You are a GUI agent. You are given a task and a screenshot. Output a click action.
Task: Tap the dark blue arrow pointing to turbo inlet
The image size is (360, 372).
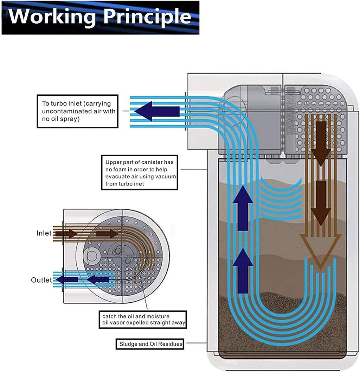tap(157, 111)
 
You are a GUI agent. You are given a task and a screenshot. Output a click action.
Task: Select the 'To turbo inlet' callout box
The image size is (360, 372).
tap(77, 111)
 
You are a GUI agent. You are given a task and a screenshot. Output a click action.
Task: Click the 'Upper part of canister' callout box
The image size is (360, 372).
tap(140, 172)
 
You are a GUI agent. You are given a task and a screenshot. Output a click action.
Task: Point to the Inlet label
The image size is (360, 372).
tap(44, 233)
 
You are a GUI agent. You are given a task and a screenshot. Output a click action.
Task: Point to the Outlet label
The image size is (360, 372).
tap(41, 280)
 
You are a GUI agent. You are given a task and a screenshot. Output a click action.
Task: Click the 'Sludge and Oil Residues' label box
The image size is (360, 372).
tap(150, 344)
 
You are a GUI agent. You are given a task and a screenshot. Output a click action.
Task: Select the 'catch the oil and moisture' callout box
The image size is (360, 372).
tap(143, 320)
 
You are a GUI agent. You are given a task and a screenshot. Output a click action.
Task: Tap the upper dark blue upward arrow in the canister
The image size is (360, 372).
tap(243, 208)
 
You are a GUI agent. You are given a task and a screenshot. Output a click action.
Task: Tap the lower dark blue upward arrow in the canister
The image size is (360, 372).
tap(243, 271)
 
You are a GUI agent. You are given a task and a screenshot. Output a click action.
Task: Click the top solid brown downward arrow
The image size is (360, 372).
tap(321, 144)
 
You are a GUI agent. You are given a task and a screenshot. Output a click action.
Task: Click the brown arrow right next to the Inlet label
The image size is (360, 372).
tap(66, 234)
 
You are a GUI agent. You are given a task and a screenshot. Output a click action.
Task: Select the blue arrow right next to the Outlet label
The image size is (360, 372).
tap(67, 280)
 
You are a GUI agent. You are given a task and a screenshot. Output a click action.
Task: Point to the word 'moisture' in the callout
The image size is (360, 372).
tap(157, 316)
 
